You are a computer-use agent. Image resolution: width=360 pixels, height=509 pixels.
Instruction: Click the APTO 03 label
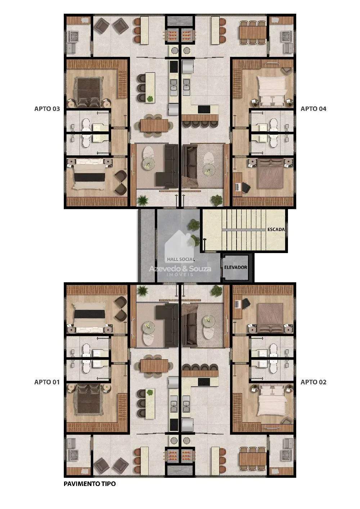[47, 109]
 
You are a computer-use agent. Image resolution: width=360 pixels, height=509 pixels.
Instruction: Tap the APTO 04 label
[314, 109]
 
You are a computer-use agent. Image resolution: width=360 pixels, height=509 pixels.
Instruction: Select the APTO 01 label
[47, 382]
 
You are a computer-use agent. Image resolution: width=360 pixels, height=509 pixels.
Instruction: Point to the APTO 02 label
[314, 382]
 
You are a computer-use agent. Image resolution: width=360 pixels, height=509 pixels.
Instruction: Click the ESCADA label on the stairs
[276, 230]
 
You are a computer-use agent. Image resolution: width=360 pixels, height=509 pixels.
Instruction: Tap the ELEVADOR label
[236, 267]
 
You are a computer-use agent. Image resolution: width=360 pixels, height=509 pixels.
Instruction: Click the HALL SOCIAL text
[181, 259]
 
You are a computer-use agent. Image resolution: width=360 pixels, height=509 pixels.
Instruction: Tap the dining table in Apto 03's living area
[154, 126]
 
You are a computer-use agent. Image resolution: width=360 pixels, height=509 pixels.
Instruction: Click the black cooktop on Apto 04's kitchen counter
[204, 109]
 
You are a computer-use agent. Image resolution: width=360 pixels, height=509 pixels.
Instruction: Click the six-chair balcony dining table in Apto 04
[252, 32]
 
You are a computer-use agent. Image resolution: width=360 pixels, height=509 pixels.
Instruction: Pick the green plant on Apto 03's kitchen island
[150, 99]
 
